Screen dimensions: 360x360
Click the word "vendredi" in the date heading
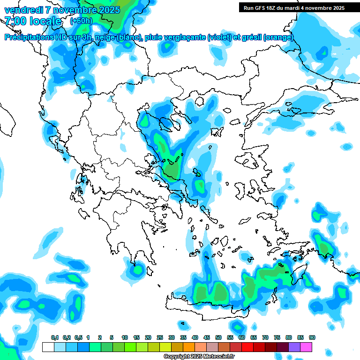click(x=21, y=9)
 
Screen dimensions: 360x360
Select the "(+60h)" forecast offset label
click(x=81, y=21)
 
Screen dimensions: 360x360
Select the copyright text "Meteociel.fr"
click(x=219, y=357)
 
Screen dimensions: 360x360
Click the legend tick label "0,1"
click(x=54, y=337)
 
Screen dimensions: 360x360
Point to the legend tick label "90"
click(x=312, y=337)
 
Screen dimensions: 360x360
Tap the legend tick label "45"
click(x=207, y=337)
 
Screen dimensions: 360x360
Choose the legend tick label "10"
click(x=125, y=337)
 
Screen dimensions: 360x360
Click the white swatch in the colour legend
click(x=48, y=347)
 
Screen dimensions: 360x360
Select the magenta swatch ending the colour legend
click(x=306, y=347)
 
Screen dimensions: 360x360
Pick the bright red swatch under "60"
click(x=247, y=347)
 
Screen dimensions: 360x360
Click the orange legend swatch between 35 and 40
click(x=188, y=347)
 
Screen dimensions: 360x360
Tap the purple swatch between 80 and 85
click(x=294, y=347)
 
